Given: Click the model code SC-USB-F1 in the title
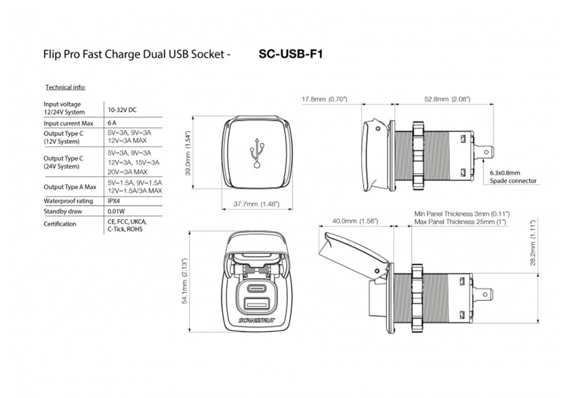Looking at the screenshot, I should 291,55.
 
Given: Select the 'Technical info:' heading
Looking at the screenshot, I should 65,87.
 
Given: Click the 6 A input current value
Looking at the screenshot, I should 112,123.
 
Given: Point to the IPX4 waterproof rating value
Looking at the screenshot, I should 115,201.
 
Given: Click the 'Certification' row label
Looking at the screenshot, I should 60,224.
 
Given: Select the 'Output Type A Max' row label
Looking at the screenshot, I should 70,187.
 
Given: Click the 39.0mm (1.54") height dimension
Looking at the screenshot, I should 188,152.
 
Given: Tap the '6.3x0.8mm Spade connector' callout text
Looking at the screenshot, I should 513,176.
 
